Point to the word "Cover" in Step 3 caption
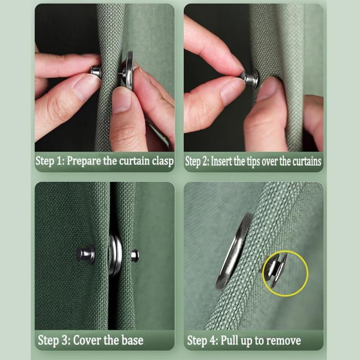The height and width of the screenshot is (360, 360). tap(87, 340)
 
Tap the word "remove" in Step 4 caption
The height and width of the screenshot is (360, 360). tap(281, 340)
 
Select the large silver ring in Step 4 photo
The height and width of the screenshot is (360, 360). tap(234, 250)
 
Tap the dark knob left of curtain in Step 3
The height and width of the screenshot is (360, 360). tap(85, 254)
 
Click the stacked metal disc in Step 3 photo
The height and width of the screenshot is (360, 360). tap(115, 255)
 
